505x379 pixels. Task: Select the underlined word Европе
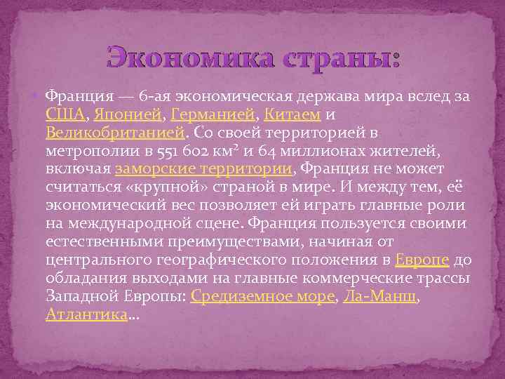(422, 259)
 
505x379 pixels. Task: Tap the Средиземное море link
(262, 295)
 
